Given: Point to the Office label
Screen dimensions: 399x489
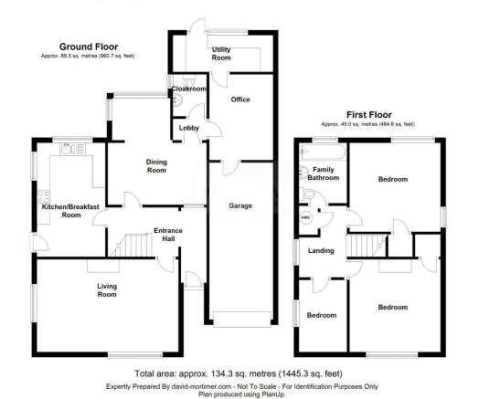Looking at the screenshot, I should (x=240, y=100).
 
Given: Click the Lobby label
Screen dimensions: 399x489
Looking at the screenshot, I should (x=189, y=127).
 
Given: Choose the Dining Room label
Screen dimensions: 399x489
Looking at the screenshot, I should (x=157, y=165).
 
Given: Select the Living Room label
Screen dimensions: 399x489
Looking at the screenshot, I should (x=108, y=290).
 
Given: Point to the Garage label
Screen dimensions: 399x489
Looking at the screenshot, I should (x=240, y=205).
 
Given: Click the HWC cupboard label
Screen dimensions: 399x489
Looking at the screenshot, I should (x=305, y=215).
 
